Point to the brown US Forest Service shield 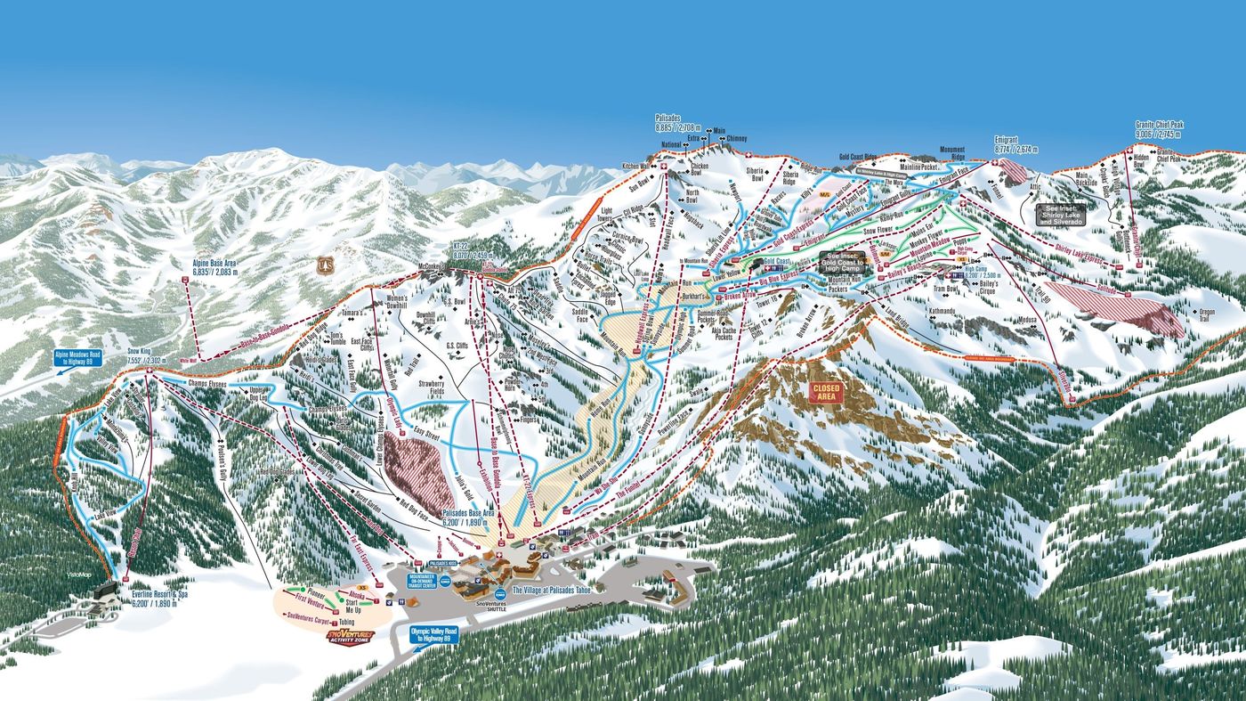pos(327,265)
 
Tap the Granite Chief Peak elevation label pos(1158,129)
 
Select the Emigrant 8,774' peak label pos(1014,144)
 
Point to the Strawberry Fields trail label pos(430,388)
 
